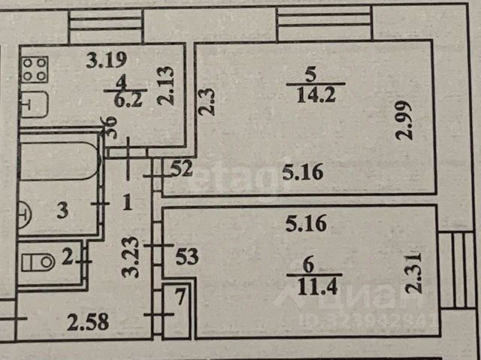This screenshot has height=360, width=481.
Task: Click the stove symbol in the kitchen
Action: click(35, 70)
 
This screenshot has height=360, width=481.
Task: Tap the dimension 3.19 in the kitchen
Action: click(106, 59)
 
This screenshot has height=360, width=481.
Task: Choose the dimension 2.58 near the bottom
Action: click(88, 324)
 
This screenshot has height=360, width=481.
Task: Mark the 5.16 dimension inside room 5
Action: click(303, 174)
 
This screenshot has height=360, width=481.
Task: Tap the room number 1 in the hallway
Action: click(127, 201)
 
